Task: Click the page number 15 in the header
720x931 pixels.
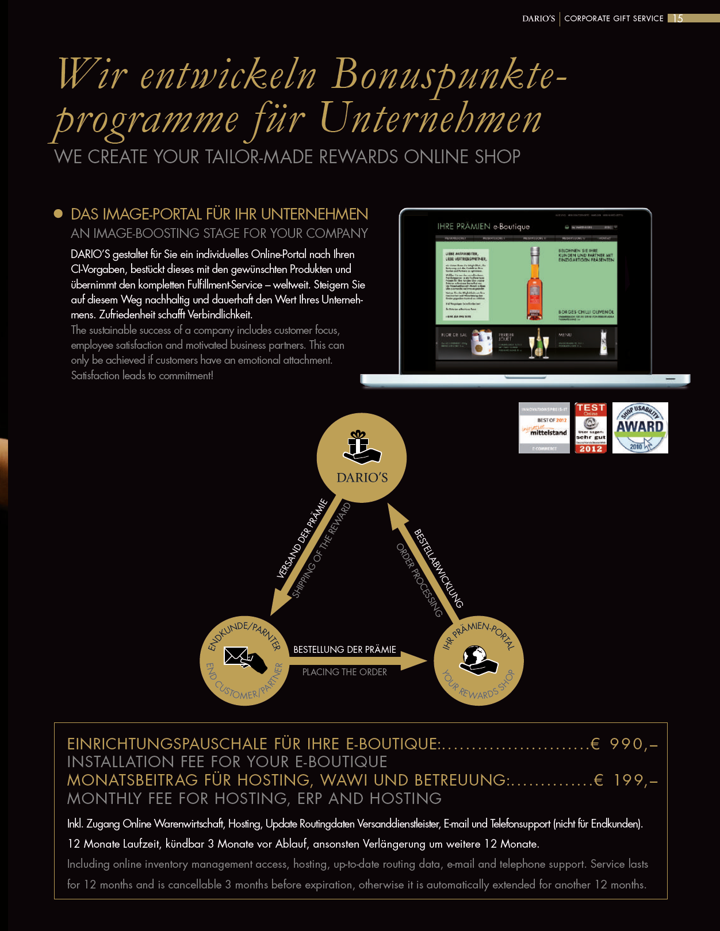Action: pos(679,18)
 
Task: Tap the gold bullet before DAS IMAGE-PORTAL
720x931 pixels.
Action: pos(58,214)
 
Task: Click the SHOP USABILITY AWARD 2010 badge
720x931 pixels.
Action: pos(640,428)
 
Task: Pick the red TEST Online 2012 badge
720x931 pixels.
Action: pos(591,428)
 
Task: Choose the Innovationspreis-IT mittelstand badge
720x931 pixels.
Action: pos(544,428)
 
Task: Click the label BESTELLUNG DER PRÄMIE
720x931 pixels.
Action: pos(344,649)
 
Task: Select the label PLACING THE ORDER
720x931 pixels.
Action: pos(344,672)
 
